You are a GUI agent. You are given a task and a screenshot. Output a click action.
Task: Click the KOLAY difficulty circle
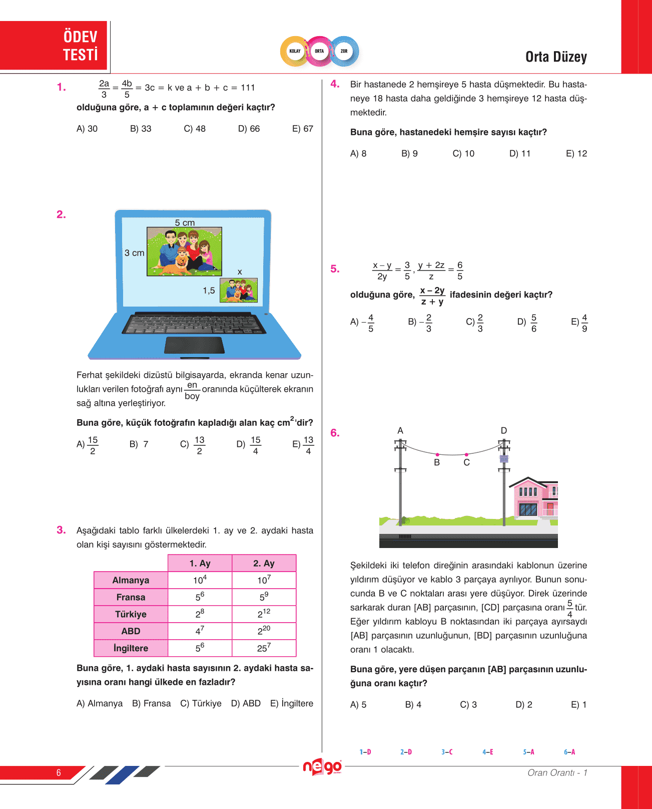pyautogui.click(x=295, y=51)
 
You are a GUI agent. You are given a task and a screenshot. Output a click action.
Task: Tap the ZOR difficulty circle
pyautogui.click(x=344, y=51)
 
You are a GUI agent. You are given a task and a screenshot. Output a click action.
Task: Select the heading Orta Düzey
pyautogui.click(x=556, y=57)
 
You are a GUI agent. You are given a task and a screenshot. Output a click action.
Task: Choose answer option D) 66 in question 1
pyautogui.click(x=249, y=129)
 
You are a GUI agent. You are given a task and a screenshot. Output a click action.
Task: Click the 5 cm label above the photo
pyautogui.click(x=185, y=222)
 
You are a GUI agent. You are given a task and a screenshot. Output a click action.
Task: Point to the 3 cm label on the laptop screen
pyautogui.click(x=134, y=253)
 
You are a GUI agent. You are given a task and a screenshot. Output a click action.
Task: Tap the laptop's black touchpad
pyautogui.click(x=194, y=345)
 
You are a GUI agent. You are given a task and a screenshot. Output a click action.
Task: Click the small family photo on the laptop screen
pyautogui.click(x=239, y=291)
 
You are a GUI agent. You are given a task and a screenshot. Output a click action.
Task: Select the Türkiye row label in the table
pyautogui.click(x=131, y=614)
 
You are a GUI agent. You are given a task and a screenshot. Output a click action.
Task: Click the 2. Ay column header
pyautogui.click(x=264, y=563)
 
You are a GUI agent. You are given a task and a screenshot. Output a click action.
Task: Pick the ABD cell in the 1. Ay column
pyautogui.click(x=200, y=631)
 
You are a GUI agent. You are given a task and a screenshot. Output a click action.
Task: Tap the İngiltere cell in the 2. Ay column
pyautogui.click(x=264, y=648)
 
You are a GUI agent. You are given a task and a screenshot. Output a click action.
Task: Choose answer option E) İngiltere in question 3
pyautogui.click(x=292, y=703)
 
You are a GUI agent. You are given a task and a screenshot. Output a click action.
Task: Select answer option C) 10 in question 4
pyautogui.click(x=463, y=153)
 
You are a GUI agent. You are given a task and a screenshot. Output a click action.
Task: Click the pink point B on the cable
pyautogui.click(x=437, y=454)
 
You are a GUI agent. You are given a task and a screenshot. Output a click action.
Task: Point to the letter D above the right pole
pyautogui.click(x=504, y=430)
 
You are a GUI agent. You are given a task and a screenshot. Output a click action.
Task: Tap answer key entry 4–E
pyautogui.click(x=487, y=752)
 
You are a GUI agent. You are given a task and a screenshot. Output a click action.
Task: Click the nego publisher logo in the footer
pyautogui.click(x=322, y=767)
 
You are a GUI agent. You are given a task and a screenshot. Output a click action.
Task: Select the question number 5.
pyautogui.click(x=335, y=269)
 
